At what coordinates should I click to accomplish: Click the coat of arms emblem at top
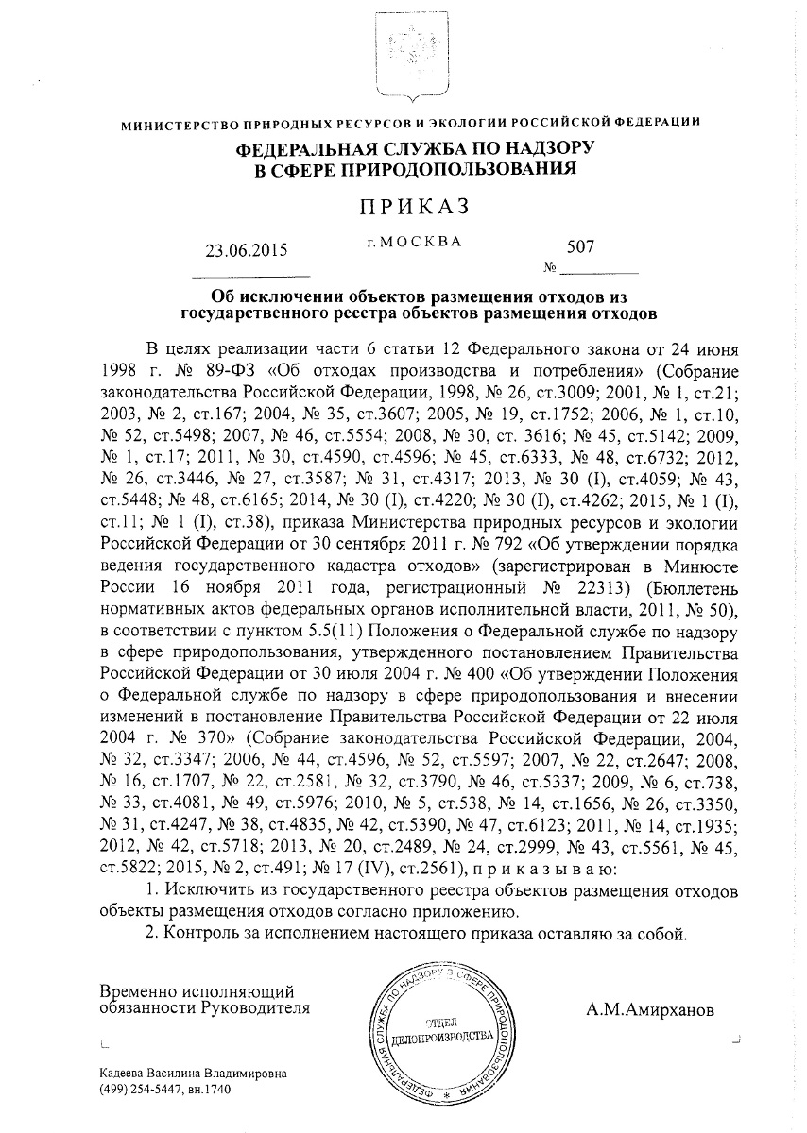coord(403,52)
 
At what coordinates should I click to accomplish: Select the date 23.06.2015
coord(245,251)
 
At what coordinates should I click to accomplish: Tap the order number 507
coord(580,246)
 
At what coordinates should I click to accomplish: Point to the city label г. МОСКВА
coord(414,242)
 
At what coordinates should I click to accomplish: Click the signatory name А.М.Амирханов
coord(650,1010)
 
